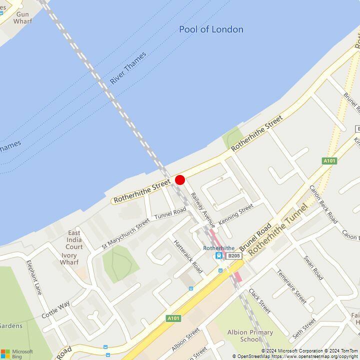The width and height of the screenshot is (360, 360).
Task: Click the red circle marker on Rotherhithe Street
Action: pyautogui.click(x=180, y=180)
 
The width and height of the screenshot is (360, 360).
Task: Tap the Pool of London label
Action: pyautogui.click(x=211, y=29)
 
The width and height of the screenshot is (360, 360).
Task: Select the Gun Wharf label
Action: pyautogui.click(x=22, y=17)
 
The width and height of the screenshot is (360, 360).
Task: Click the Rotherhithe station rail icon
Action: pyautogui.click(x=219, y=255)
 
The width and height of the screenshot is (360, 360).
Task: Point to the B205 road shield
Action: pyautogui.click(x=234, y=255)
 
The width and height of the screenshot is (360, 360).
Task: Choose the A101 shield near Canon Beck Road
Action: pyautogui.click(x=329, y=160)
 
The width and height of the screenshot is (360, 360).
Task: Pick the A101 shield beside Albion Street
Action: pyautogui.click(x=173, y=318)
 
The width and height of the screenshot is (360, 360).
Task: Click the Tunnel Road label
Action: pyautogui.click(x=170, y=213)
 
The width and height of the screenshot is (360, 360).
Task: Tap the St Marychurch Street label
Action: pyautogui.click(x=125, y=233)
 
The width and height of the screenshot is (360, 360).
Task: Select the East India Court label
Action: pyautogui.click(x=74, y=239)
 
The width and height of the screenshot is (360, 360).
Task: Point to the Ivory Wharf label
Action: pyautogui.click(x=69, y=258)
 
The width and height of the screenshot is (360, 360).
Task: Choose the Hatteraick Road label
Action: pyautogui.click(x=188, y=256)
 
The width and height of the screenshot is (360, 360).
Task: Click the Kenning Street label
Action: pyautogui.click(x=236, y=213)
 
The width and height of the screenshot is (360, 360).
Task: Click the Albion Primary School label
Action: pyautogui.click(x=250, y=335)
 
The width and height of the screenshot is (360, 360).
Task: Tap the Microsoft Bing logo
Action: pyautogui.click(x=17, y=353)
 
